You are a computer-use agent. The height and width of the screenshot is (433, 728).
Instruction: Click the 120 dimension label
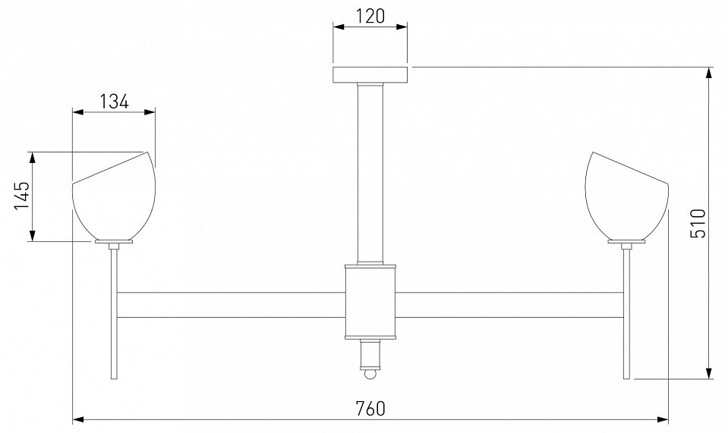pos(370,16)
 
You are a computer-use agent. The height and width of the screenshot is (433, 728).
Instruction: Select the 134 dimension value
pos(114,101)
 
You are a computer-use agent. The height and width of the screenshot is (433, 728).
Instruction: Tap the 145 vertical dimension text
pos(21,196)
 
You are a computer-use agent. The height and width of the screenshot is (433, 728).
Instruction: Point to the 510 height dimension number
pos(698,224)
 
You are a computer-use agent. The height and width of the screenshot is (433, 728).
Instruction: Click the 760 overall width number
pos(370,409)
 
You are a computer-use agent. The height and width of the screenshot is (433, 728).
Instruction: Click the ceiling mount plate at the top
pos(370,74)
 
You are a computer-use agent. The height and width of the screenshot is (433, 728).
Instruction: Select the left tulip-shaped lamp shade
pos(114,196)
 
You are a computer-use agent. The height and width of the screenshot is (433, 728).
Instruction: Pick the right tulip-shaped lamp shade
pos(627,196)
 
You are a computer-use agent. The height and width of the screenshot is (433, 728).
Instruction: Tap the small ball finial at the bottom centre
pos(370,374)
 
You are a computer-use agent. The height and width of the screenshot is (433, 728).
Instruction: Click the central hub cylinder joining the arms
pos(370,302)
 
